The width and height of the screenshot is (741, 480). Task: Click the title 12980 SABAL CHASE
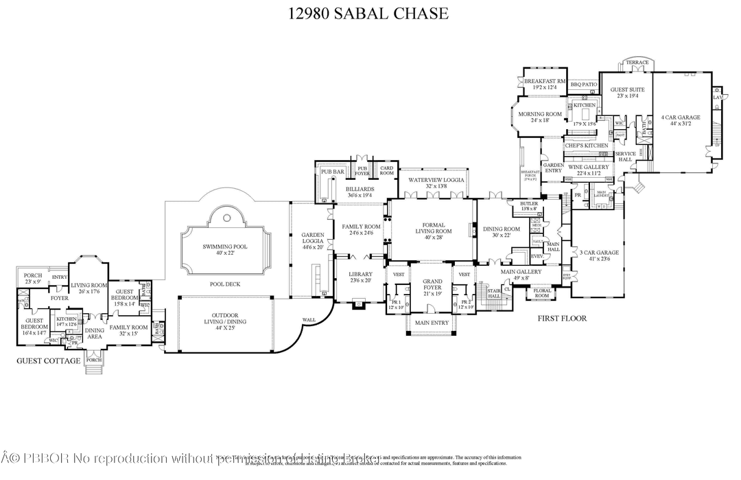tap(370, 12)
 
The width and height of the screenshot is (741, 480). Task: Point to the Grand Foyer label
tap(432, 284)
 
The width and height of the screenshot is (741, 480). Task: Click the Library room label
tap(360, 277)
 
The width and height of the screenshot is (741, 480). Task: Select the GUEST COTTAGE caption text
tap(49, 360)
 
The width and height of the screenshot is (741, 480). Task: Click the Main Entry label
tap(432, 323)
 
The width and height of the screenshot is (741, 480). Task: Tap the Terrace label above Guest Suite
tap(637, 62)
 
